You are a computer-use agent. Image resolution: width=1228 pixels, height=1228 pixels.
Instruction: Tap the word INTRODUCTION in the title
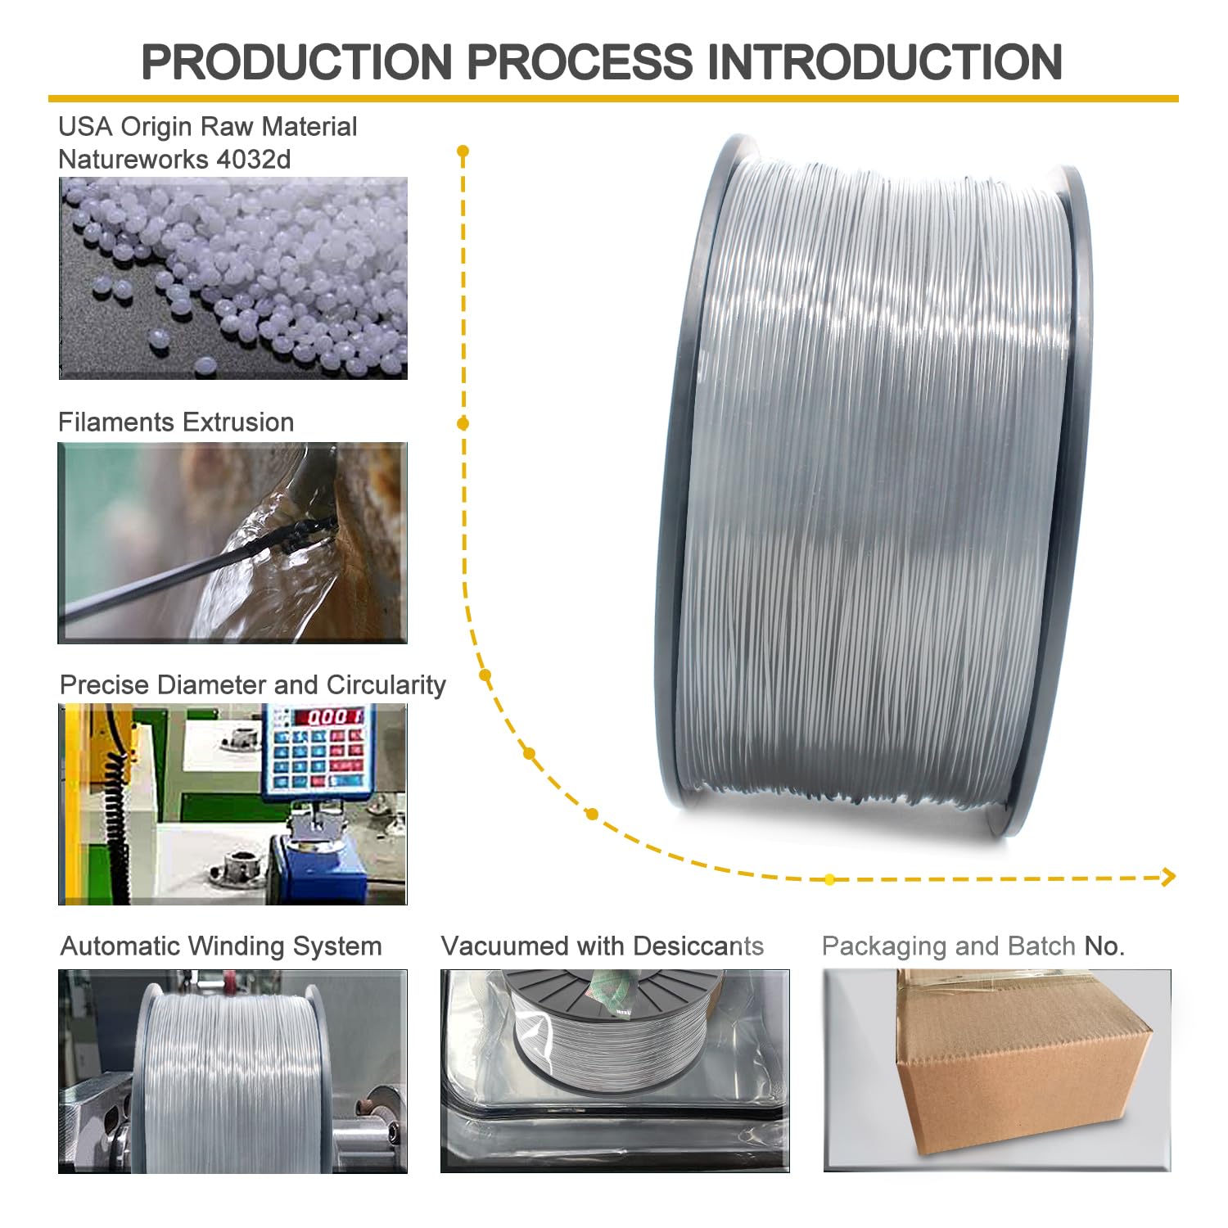point(884,62)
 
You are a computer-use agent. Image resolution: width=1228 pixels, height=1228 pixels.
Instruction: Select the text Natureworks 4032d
point(174,159)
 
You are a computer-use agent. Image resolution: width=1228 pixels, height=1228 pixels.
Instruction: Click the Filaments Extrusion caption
point(176,422)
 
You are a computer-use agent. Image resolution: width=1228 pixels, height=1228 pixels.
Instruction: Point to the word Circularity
point(386,684)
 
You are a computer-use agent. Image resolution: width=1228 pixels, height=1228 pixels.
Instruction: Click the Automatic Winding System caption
point(221,946)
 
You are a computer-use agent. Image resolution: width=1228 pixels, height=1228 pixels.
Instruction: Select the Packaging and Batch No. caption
point(973,946)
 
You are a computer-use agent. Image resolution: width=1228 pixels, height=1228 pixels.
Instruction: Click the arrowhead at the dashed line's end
point(1169,877)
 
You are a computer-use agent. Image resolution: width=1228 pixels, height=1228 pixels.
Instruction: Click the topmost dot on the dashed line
point(463,151)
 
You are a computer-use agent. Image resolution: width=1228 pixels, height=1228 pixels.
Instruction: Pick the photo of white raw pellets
point(233,278)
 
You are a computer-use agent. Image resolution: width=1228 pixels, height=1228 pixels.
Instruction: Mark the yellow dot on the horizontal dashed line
point(829,879)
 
